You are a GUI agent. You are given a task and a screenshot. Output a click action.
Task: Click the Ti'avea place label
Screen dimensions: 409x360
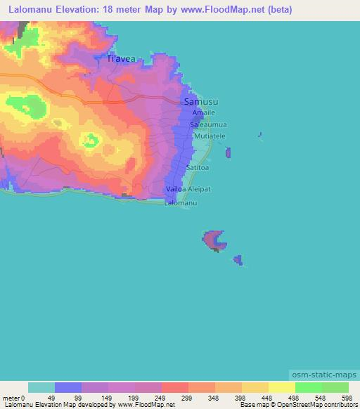(122, 60)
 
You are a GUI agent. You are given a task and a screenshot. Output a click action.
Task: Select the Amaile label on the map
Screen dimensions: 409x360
(204, 112)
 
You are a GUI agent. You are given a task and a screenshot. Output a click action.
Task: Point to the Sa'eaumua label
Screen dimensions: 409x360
(208, 124)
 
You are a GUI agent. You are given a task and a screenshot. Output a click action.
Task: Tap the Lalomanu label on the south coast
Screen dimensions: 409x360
(180, 203)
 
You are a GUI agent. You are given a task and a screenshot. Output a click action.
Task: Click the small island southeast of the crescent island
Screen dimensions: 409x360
(238, 261)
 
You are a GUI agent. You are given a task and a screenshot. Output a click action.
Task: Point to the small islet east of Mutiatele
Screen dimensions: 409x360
(229, 152)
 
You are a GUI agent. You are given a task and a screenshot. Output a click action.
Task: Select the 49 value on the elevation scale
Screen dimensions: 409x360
(52, 397)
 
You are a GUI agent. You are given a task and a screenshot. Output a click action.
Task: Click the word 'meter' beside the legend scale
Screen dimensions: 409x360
(11, 397)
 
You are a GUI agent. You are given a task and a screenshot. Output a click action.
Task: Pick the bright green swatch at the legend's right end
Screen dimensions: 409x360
(335, 387)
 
